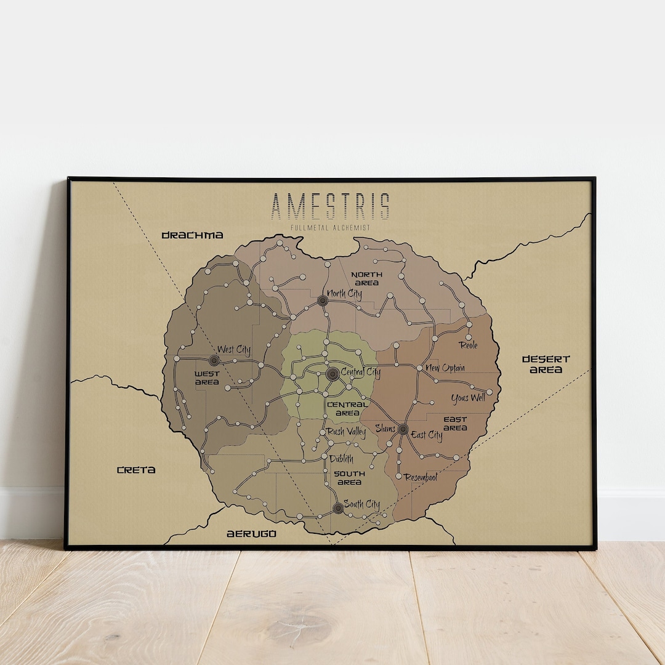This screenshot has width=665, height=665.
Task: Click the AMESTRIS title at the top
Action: pos(330,206)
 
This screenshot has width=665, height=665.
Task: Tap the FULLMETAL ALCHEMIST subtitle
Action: pos(330,228)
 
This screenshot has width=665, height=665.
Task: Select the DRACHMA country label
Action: pos(192,235)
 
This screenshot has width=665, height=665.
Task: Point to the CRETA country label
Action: pos(136,470)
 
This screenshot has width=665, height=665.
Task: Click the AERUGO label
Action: pos(251,534)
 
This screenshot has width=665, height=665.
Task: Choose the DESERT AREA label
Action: pos(546,364)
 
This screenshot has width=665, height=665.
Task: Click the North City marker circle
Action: pos(322,300)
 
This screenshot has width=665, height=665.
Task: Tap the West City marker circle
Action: pos(214,360)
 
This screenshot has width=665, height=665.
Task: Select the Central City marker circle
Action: pos(332,374)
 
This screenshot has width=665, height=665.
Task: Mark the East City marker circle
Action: pos(403,429)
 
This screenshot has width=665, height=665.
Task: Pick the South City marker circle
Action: pos(337,508)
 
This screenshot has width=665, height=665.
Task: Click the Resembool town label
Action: pos(421,477)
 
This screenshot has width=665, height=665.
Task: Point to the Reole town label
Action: pos(469,345)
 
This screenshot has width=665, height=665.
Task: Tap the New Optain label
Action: pos(445,368)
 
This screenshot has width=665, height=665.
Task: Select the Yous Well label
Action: pos(468,398)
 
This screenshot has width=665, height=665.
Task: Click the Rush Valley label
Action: pos(346,432)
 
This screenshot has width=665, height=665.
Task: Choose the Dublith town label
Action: pos(341,459)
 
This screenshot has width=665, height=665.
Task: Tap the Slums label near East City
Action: pos(385,429)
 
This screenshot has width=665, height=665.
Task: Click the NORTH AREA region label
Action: pos(366,278)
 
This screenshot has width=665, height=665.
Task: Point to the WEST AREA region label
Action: pos(207,378)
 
